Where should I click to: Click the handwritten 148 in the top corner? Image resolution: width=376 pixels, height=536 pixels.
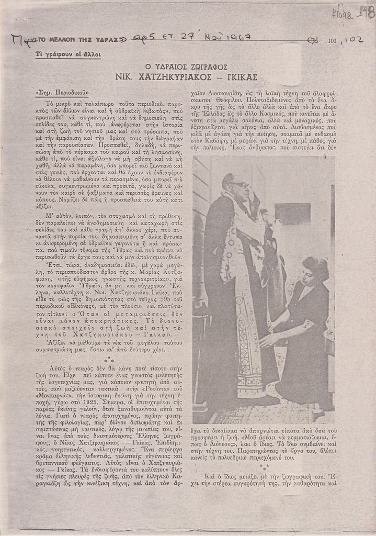[367, 12]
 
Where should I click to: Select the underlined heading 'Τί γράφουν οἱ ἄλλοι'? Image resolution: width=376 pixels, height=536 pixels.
[68, 54]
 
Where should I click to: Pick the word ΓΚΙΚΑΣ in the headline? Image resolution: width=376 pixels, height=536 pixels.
[238, 77]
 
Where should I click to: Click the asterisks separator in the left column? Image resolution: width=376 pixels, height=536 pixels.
[109, 360]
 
